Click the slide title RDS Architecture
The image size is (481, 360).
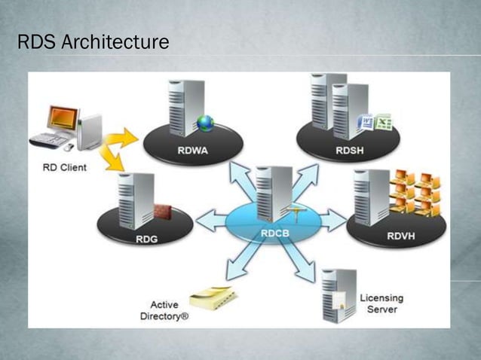pyautogui.click(x=93, y=42)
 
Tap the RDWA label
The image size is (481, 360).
pyautogui.click(x=193, y=149)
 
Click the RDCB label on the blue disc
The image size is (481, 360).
pyautogui.click(x=277, y=233)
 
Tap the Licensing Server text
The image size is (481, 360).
pyautogui.click(x=381, y=304)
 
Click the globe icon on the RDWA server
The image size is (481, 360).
pyautogui.click(x=205, y=123)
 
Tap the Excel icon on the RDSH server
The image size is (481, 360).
pyautogui.click(x=384, y=122)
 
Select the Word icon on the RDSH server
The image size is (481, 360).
pyautogui.click(x=367, y=121)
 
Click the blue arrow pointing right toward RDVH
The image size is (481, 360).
pyautogui.click(x=331, y=221)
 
